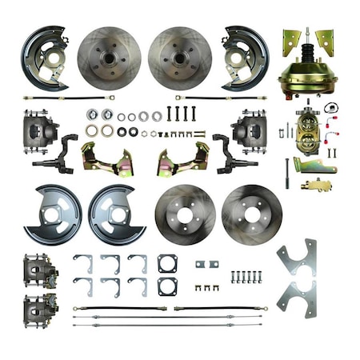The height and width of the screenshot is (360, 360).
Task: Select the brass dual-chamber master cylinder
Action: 308,132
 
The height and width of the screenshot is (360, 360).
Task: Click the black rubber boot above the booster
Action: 306,54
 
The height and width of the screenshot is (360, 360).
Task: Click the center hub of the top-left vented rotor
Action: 109,58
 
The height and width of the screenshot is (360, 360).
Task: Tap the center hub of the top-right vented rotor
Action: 179,58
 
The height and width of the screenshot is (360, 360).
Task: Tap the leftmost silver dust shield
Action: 52,214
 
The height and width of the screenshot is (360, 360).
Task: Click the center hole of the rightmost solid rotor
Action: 251,214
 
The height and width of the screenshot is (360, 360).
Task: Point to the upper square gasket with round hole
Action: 167,264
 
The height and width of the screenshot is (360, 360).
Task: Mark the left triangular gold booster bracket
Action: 290,42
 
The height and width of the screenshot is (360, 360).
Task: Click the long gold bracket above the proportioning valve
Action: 313,166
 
